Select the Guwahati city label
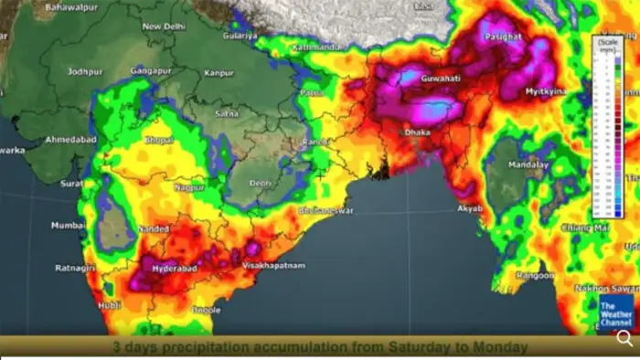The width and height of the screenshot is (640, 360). (443, 79)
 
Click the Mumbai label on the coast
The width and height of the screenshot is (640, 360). (69, 225)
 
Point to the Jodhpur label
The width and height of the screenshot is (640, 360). (85, 70)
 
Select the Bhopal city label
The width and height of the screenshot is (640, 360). (158, 140)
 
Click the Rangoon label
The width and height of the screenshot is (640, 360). (535, 275)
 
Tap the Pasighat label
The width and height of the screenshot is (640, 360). (504, 37)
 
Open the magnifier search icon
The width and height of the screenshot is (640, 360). (624, 337)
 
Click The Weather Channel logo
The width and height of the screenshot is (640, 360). (615, 312)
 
